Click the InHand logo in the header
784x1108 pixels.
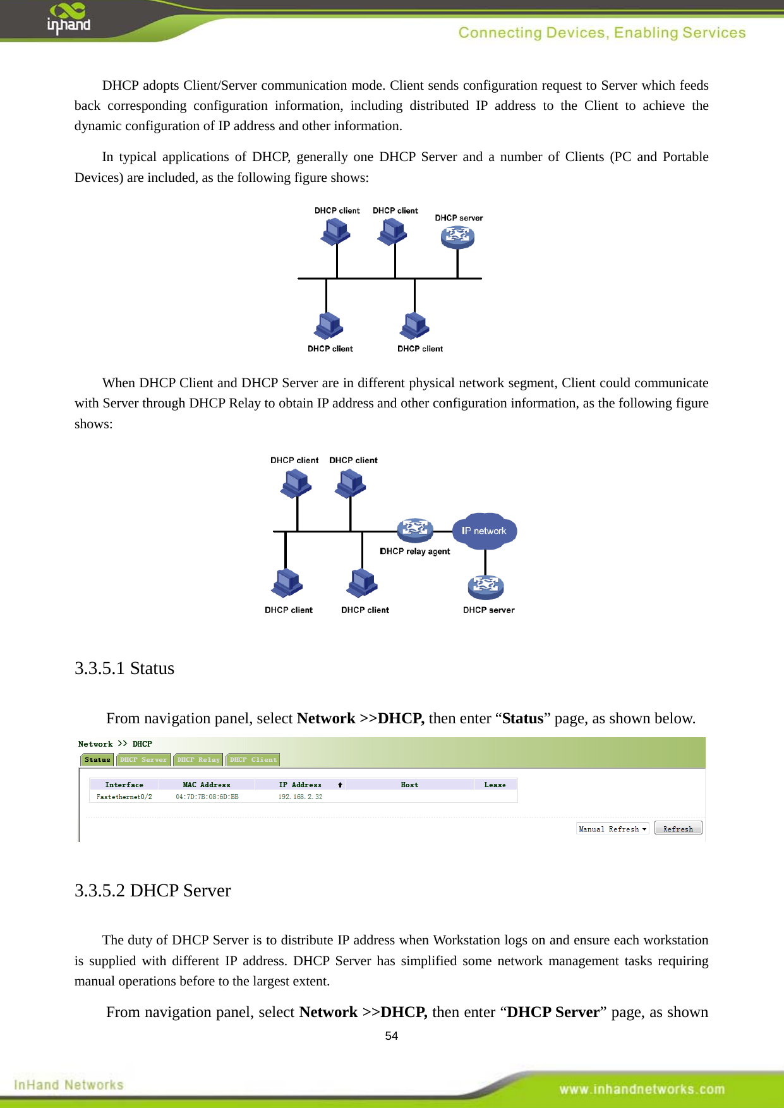click(x=68, y=18)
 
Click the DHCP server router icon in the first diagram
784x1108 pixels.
click(x=457, y=237)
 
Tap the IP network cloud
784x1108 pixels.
click(x=485, y=531)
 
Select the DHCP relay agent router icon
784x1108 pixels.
click(x=414, y=529)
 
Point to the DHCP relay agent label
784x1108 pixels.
click(x=414, y=551)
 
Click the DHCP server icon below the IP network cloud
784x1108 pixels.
click(x=485, y=587)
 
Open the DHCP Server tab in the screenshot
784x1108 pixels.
click(x=143, y=760)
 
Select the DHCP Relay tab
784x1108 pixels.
click(x=198, y=760)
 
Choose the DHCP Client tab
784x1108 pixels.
click(x=253, y=760)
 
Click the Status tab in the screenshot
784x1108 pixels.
click(x=97, y=760)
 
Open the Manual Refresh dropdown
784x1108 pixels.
click(x=612, y=829)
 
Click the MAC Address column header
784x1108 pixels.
click(x=207, y=785)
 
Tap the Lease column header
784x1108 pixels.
click(x=495, y=785)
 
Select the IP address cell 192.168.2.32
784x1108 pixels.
click(x=300, y=797)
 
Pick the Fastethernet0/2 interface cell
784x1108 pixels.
click(x=124, y=797)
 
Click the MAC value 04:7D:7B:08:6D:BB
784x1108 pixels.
click(x=207, y=797)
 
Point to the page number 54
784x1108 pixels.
click(x=392, y=1036)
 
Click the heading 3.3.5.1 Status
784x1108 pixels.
click(x=124, y=668)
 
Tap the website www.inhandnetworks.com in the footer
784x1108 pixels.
click(x=641, y=1089)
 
